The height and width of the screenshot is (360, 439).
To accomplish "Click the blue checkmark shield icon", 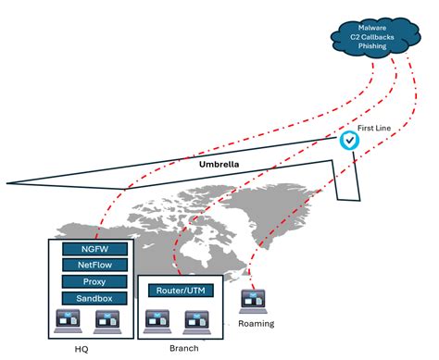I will [350, 141].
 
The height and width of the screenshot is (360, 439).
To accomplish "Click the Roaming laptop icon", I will [253, 301].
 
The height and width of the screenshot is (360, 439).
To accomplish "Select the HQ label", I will [82, 349].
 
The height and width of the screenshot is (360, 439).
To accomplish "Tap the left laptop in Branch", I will [157, 319].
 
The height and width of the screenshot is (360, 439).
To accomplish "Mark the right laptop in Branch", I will [195, 319].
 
